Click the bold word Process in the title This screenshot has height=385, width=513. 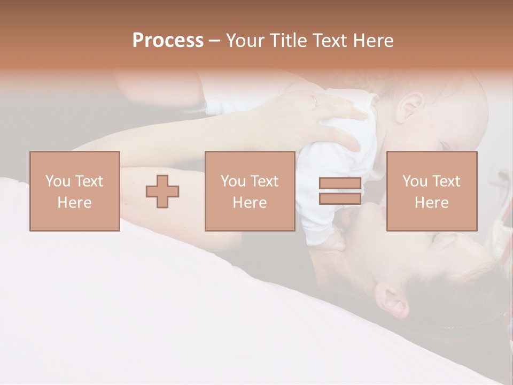(x=168, y=40)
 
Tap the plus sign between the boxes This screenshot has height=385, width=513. (x=162, y=191)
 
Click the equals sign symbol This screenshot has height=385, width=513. (x=340, y=191)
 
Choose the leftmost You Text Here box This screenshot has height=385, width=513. (x=75, y=191)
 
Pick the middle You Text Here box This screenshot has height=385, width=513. (x=250, y=191)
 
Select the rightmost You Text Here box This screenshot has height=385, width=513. (x=432, y=191)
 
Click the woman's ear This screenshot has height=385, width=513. (x=393, y=301)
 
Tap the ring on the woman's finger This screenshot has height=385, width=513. (x=315, y=99)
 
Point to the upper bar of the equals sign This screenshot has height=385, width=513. (x=340, y=183)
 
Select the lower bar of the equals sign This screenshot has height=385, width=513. (x=340, y=199)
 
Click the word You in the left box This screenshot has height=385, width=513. (x=57, y=181)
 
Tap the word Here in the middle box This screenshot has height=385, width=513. (x=250, y=203)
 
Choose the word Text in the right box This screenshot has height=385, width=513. (x=447, y=181)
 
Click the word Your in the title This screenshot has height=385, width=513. (x=244, y=40)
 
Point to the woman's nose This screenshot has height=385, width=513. (x=370, y=211)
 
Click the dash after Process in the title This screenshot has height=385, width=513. (x=214, y=40)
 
